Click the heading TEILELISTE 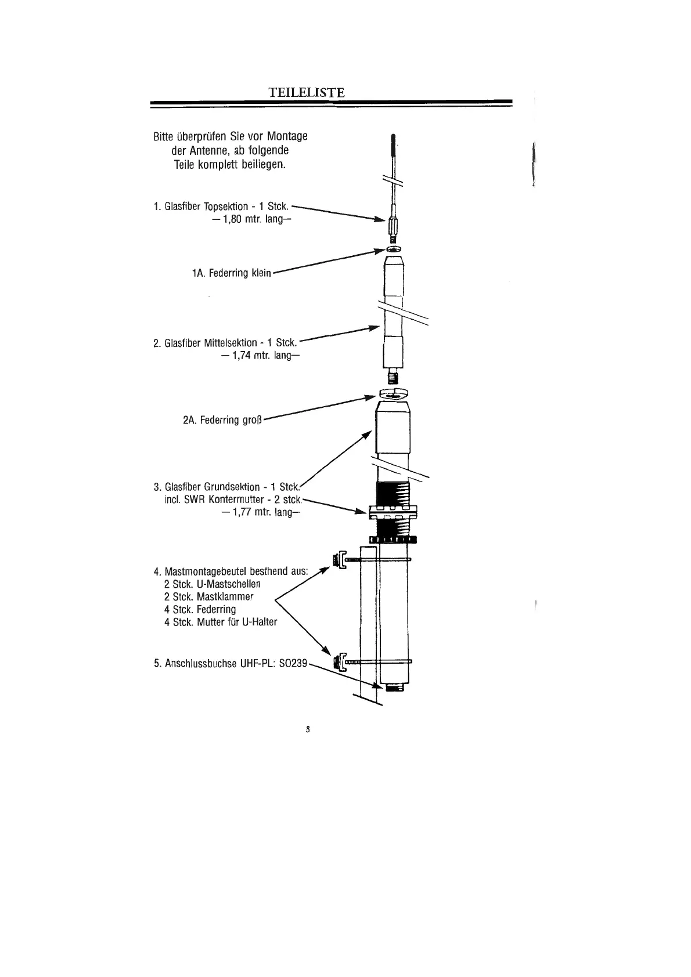307,92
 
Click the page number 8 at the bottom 309,729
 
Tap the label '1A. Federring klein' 231,273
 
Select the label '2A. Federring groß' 223,419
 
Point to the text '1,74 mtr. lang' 260,355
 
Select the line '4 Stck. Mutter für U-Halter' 221,622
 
